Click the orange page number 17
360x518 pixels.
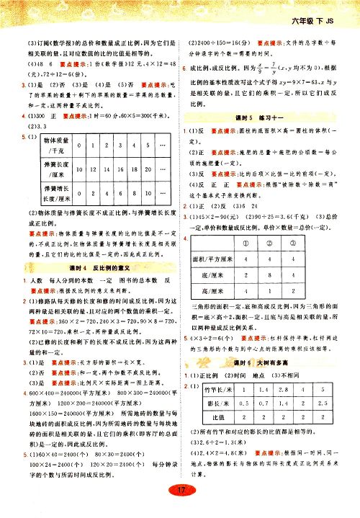coord(181,491)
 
